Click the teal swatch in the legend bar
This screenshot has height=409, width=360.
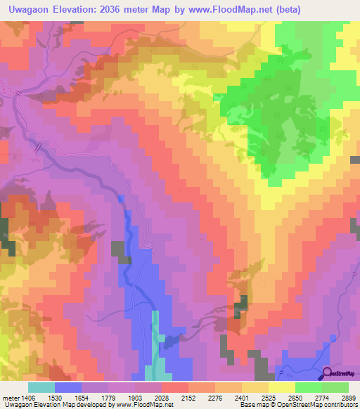[x=41, y=387]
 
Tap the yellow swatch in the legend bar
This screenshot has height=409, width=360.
[x=281, y=387]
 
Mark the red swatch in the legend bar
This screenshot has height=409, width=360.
[x=175, y=387]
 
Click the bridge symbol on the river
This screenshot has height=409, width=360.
[x=39, y=146]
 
